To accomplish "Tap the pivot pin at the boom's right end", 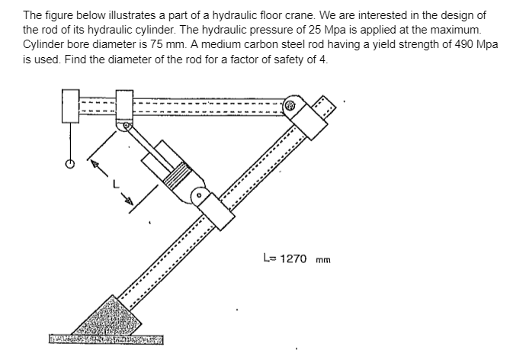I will pyautogui.click(x=292, y=107).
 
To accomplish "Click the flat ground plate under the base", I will pyautogui.click(x=106, y=338).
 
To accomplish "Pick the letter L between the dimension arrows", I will pyautogui.click(x=116, y=183).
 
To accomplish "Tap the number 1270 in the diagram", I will pyautogui.click(x=293, y=259).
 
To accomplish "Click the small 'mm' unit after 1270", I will pyautogui.click(x=323, y=259).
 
